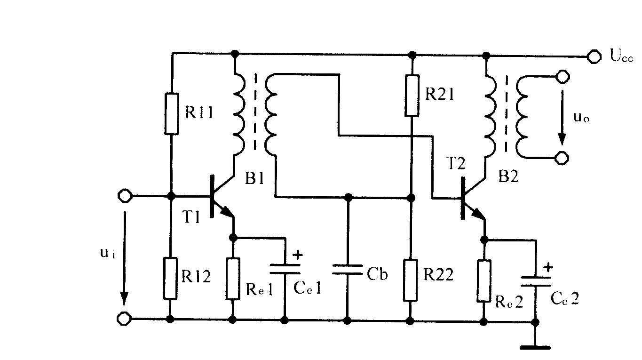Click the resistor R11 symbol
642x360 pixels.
[171, 113]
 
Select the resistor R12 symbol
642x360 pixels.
[170, 279]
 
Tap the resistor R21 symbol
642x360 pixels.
[412, 96]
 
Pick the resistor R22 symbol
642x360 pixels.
[410, 280]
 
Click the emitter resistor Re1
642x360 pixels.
[233, 279]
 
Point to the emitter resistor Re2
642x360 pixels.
[484, 281]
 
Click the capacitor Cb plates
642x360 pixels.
[348, 270]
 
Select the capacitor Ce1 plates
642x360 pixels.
[285, 269]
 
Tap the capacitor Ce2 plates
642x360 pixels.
[535, 281]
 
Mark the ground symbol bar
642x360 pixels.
[535, 348]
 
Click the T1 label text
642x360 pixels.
[191, 216]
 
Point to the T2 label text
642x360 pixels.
[456, 163]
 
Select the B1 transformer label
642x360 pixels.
[254, 178]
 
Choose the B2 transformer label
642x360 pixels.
[508, 176]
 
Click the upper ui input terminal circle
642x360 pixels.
[125, 196]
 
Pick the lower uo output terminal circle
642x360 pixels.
[562, 158]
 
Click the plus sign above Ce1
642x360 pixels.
[298, 255]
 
